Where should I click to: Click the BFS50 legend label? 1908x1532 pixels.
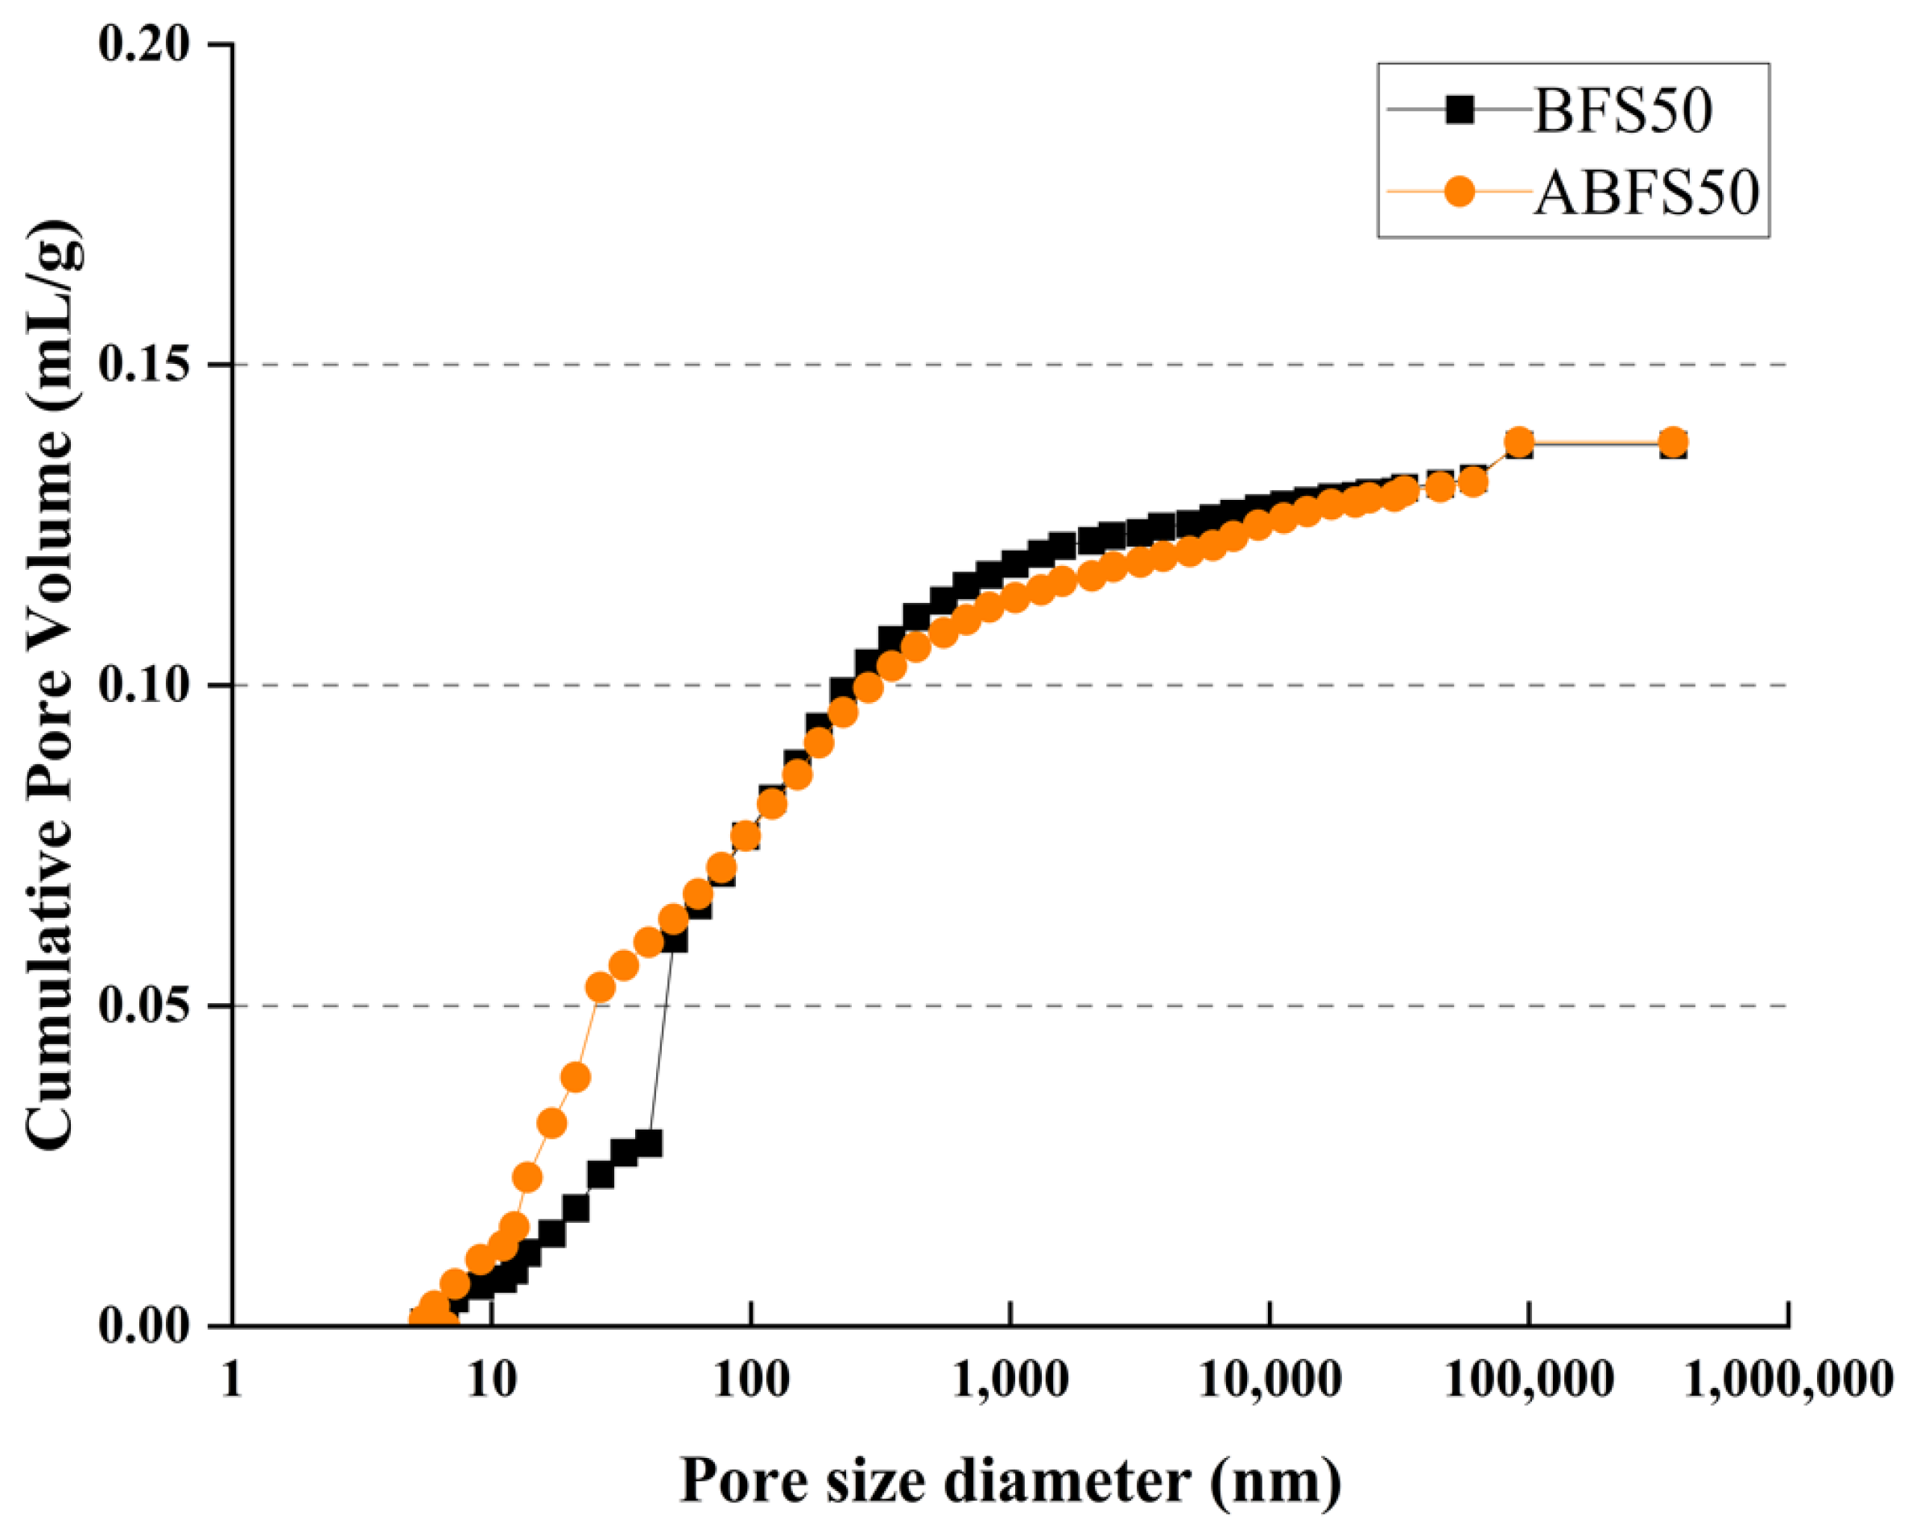(1623, 112)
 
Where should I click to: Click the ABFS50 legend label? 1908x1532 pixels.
(1646, 192)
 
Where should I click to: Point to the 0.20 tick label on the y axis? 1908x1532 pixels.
(144, 44)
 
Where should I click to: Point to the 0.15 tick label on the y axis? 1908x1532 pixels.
(144, 365)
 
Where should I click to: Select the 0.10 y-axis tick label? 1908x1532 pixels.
(144, 685)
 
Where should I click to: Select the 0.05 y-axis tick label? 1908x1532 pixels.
(144, 1006)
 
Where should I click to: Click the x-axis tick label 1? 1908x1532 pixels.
(232, 1379)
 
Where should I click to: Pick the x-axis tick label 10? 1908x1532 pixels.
(492, 1379)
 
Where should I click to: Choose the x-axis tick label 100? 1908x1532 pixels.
(751, 1379)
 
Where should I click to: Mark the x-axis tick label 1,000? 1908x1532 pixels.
(1010, 1379)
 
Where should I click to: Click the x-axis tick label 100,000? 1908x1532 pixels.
(1530, 1379)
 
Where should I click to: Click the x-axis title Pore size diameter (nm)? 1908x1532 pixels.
(1010, 1480)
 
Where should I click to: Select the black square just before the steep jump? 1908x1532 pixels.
(649, 1143)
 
